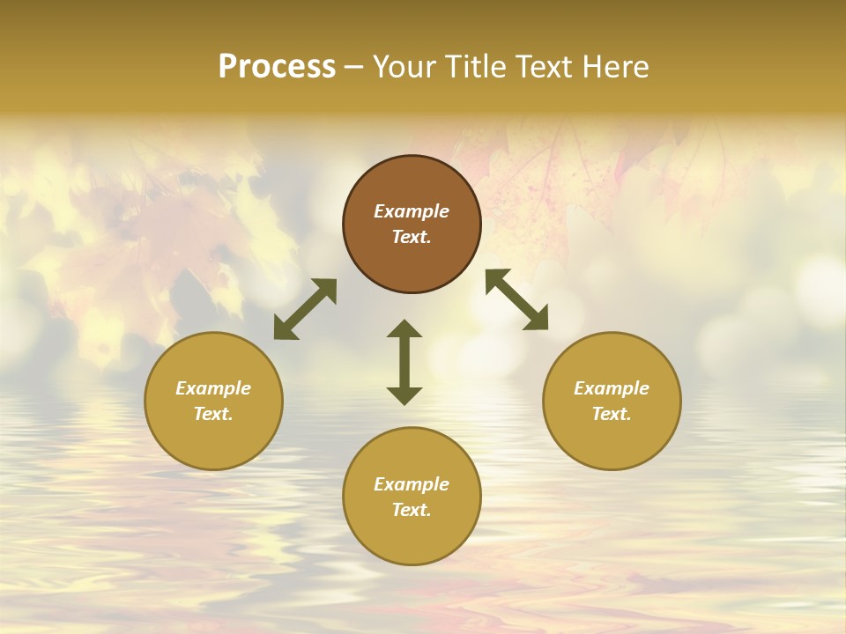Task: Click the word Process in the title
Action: (277, 67)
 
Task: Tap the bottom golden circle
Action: (412, 537)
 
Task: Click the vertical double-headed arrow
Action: (404, 362)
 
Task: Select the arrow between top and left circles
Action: (305, 309)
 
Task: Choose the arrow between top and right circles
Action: (517, 299)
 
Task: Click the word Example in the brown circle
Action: (412, 211)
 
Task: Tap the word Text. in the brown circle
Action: (412, 237)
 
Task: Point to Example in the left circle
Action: (213, 388)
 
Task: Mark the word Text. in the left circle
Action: (213, 414)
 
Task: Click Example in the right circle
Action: (612, 388)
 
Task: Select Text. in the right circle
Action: (612, 414)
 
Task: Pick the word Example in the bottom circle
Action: (412, 484)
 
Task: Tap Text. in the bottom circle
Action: (412, 510)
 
